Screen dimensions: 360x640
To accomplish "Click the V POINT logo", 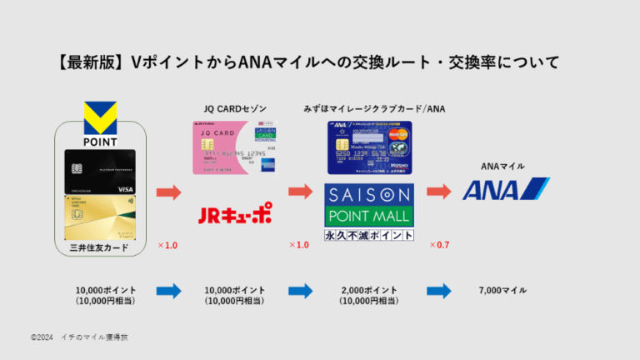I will (100, 122).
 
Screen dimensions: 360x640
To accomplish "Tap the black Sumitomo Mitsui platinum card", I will (100, 172).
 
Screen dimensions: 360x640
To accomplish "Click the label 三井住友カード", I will (100, 247).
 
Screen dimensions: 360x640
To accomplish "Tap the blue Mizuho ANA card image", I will (369, 149).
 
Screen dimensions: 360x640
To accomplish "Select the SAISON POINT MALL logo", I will (369, 205).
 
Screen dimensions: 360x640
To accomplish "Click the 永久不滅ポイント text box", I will (369, 235).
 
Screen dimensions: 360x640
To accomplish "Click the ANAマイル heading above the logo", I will (503, 166).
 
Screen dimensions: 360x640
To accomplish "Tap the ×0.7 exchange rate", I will (439, 246).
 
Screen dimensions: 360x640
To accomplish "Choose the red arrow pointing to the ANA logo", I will (439, 192).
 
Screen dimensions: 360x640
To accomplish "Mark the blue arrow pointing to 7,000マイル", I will (439, 291).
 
